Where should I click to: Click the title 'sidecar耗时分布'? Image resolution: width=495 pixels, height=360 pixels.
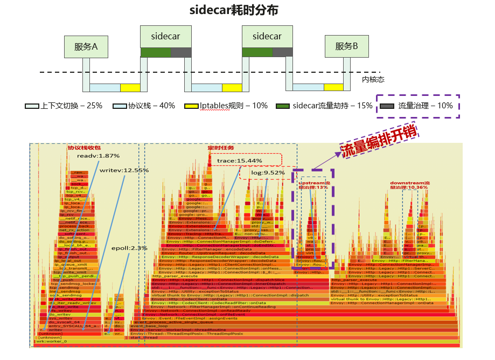coord(234,11)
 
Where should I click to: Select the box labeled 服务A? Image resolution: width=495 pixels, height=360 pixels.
coord(86,47)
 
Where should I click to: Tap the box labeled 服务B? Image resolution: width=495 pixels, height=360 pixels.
coord(347,46)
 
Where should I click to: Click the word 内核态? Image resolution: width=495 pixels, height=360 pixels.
coord(373,79)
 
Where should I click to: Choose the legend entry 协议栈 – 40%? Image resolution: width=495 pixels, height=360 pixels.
coord(151,106)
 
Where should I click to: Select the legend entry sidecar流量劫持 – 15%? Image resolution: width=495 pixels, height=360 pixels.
coord(329,106)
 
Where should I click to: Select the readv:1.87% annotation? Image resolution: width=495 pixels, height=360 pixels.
coord(97,156)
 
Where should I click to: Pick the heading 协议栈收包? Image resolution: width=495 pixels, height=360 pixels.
coord(83,148)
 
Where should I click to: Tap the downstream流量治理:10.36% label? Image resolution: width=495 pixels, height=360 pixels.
coord(410,185)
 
